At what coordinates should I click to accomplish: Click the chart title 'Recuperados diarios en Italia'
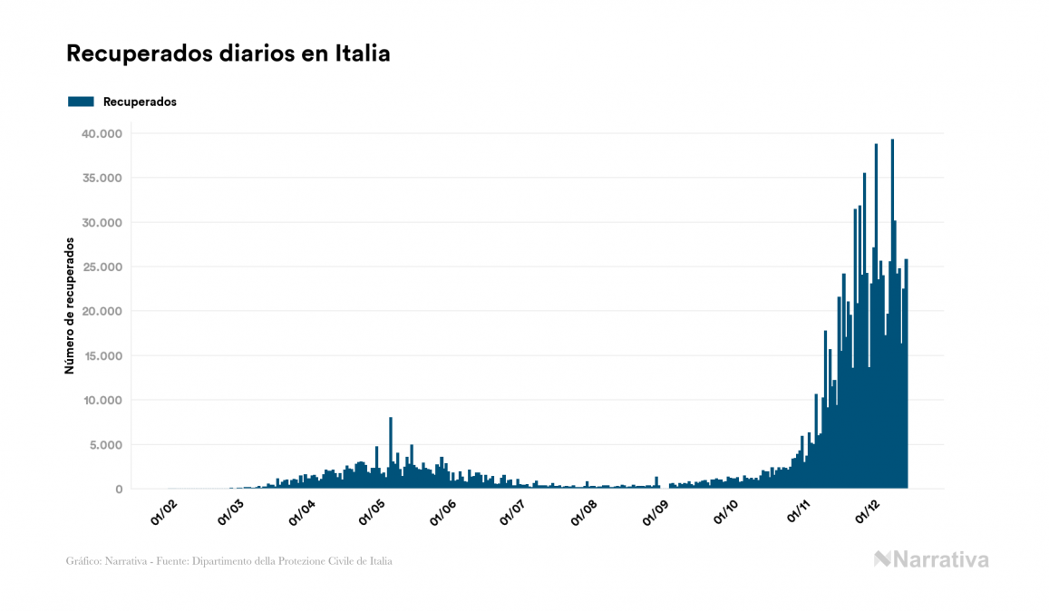(x=228, y=53)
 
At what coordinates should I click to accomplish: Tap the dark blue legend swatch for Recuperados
(x=81, y=102)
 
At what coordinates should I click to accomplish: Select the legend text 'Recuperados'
(x=140, y=102)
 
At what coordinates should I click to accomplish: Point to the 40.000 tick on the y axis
(x=101, y=133)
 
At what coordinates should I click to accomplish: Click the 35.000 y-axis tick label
(x=101, y=178)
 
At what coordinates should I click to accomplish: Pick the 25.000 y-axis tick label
(x=101, y=267)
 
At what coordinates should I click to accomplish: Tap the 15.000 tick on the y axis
(x=101, y=355)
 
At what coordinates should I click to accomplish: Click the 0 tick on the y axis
(x=118, y=489)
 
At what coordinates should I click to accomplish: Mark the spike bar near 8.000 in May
(x=391, y=453)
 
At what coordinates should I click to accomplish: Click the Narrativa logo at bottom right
(x=931, y=559)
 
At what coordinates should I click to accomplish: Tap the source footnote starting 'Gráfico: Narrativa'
(x=229, y=561)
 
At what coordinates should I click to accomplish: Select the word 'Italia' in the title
(x=362, y=53)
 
